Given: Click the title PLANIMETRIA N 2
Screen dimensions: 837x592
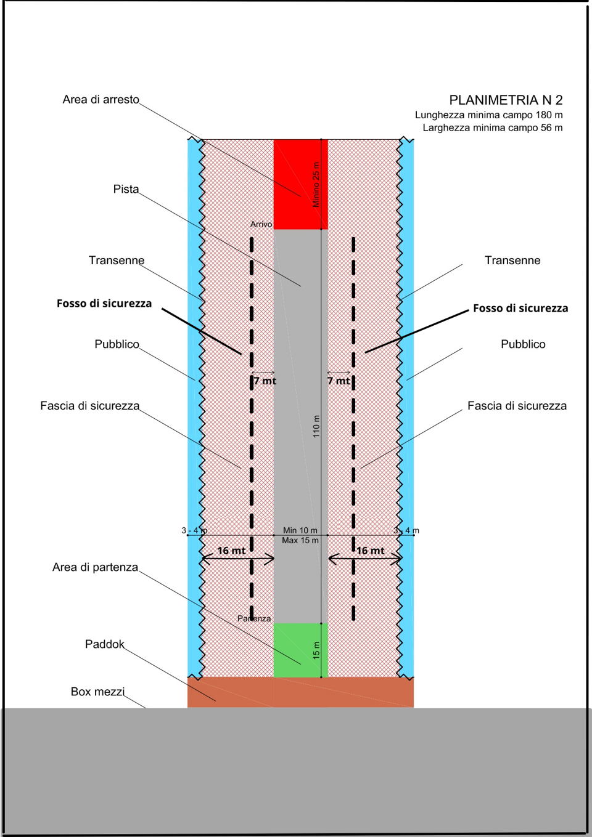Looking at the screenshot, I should point(506,100).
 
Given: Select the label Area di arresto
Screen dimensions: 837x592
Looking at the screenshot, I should point(101,99).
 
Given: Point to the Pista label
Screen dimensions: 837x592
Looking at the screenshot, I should point(126,189).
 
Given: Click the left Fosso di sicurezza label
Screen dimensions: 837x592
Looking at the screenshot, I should point(104,303).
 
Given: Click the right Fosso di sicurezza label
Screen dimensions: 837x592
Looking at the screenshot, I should point(520,308).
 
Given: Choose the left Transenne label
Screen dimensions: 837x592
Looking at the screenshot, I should point(117,261).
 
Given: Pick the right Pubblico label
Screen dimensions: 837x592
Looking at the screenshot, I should point(523,344).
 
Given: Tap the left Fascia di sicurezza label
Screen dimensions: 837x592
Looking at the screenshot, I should point(90,406).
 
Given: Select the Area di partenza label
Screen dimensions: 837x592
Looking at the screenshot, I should point(95,567).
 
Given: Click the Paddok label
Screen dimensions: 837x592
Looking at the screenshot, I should point(105,644).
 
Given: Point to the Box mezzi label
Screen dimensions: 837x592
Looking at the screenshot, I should point(97,692).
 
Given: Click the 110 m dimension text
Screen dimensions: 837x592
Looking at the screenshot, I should point(316,426).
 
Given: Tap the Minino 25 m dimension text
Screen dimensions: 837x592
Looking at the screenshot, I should point(316,185).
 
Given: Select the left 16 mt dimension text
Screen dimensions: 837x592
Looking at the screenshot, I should point(231,551).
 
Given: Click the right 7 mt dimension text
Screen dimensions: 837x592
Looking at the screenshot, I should point(339,381).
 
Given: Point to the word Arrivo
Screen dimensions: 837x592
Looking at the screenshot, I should point(261,224).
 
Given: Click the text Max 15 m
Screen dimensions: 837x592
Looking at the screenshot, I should point(300,540).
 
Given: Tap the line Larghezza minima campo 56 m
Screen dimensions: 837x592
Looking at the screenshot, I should point(492,127).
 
